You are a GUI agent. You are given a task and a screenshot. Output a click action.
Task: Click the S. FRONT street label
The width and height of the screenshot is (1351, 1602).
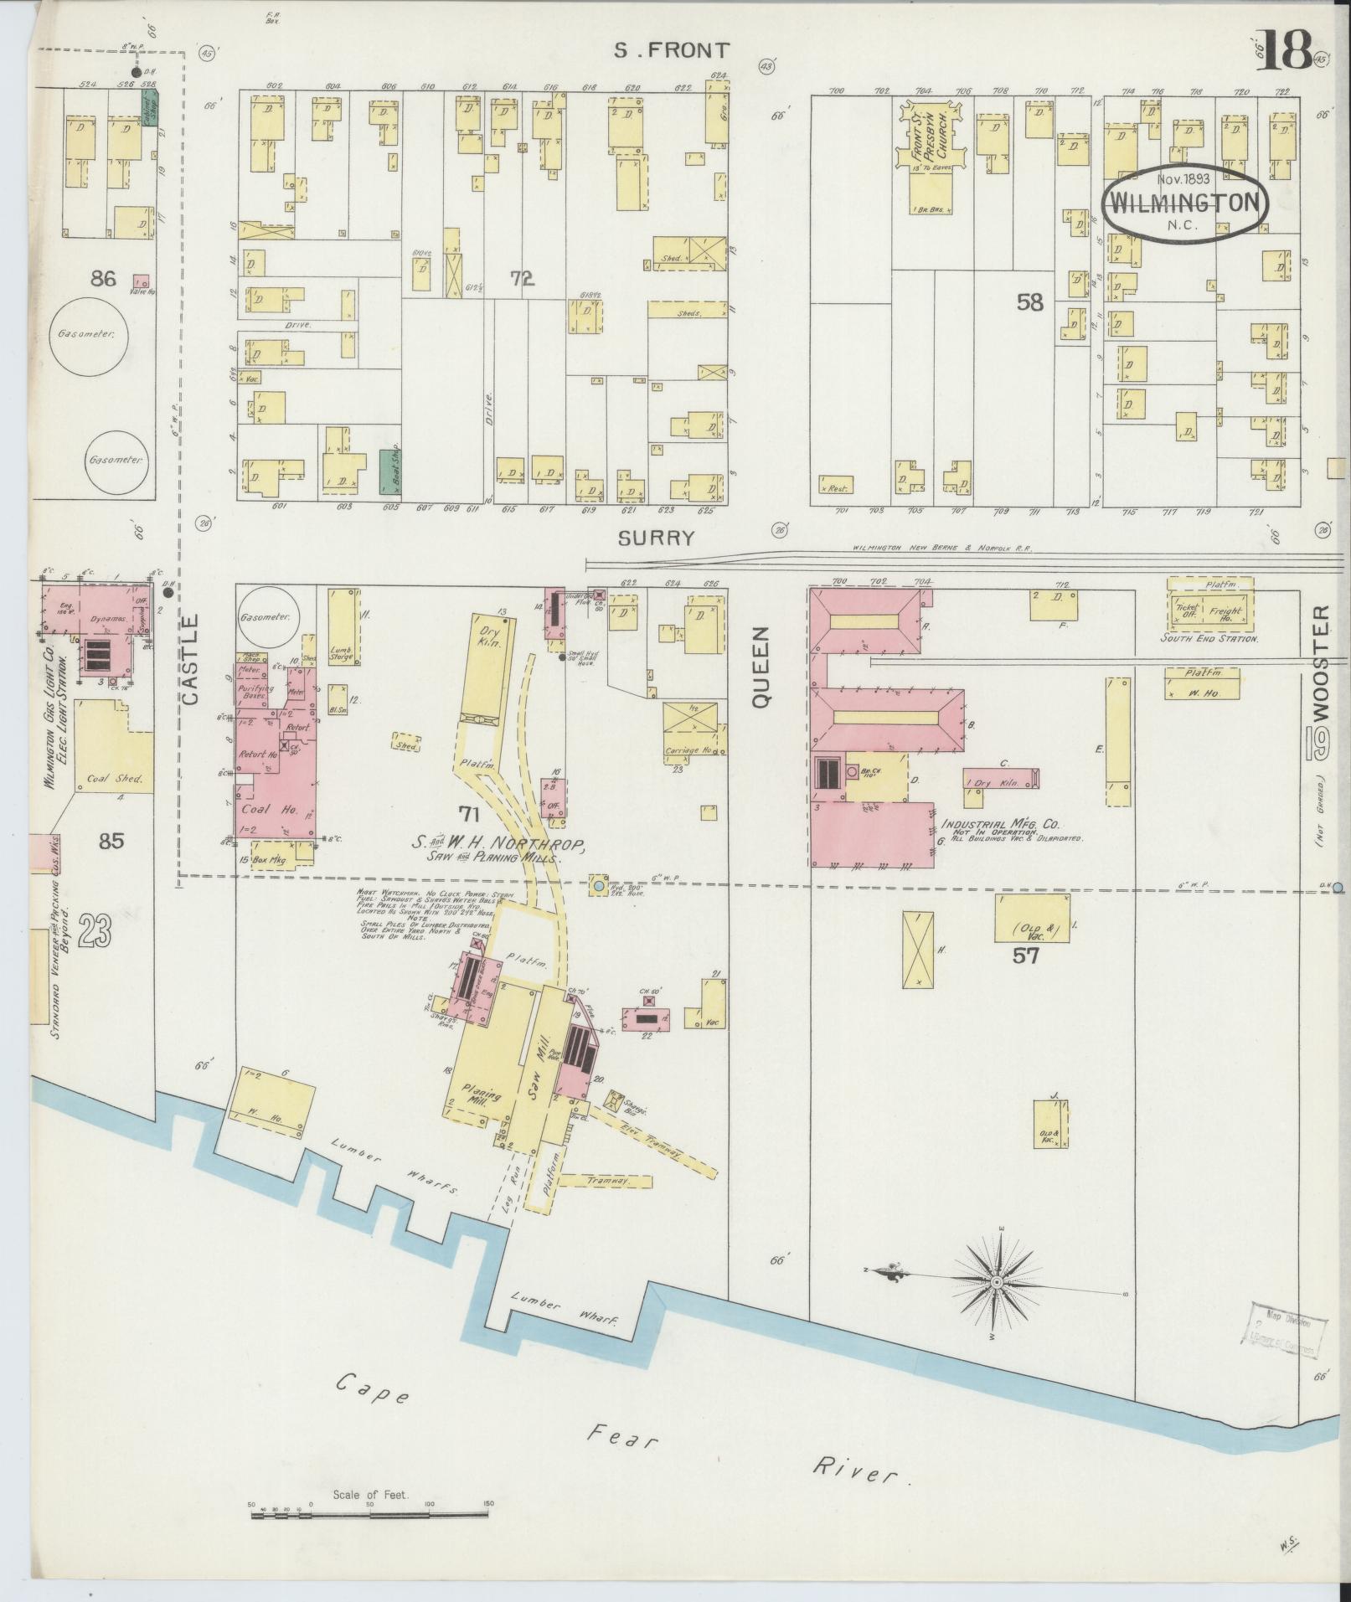(x=671, y=50)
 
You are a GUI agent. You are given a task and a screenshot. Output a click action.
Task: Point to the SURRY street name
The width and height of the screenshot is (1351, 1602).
(x=656, y=538)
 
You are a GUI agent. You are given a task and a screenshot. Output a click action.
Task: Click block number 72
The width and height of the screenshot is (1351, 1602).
(x=523, y=279)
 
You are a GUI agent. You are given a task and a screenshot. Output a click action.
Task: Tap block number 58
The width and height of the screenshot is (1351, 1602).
(x=1029, y=303)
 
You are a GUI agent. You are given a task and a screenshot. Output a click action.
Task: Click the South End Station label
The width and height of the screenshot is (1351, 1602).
(x=1209, y=638)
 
